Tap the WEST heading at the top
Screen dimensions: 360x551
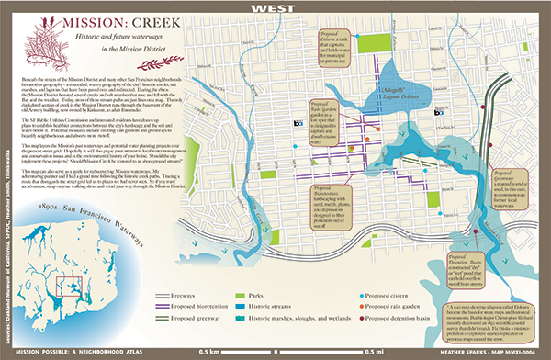tap(275, 6)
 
